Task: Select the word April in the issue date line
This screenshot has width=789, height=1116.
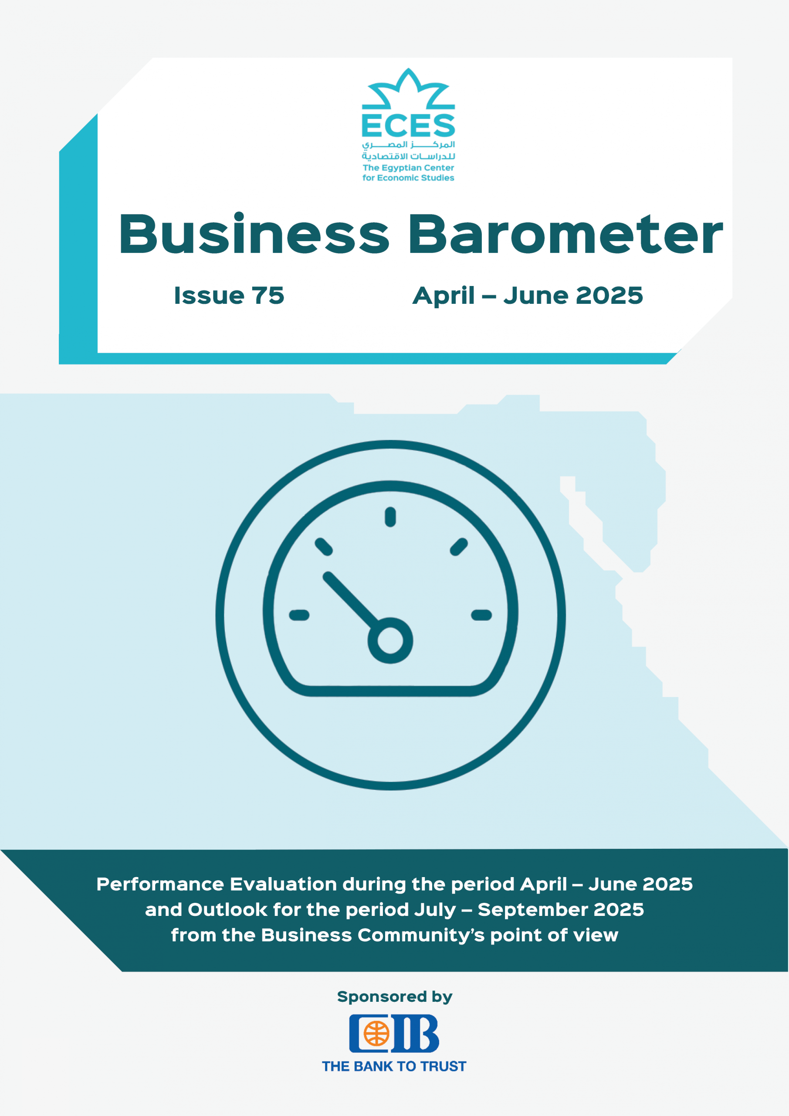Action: (443, 296)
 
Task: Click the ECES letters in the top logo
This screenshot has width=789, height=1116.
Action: (408, 126)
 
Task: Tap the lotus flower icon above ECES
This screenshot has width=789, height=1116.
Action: (408, 88)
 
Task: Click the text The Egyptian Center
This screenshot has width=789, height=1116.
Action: (408, 168)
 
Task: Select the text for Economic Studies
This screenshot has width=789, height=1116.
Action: (408, 178)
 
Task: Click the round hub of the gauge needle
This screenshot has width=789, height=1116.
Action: (390, 640)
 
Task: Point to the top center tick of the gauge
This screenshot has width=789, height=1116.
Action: (390, 517)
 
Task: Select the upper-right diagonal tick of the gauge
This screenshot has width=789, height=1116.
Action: (459, 547)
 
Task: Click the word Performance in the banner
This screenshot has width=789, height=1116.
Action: (160, 884)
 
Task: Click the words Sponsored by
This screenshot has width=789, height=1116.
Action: (395, 997)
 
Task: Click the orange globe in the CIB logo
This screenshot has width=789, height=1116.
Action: (376, 1033)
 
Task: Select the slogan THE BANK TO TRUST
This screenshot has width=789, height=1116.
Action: (394, 1066)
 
